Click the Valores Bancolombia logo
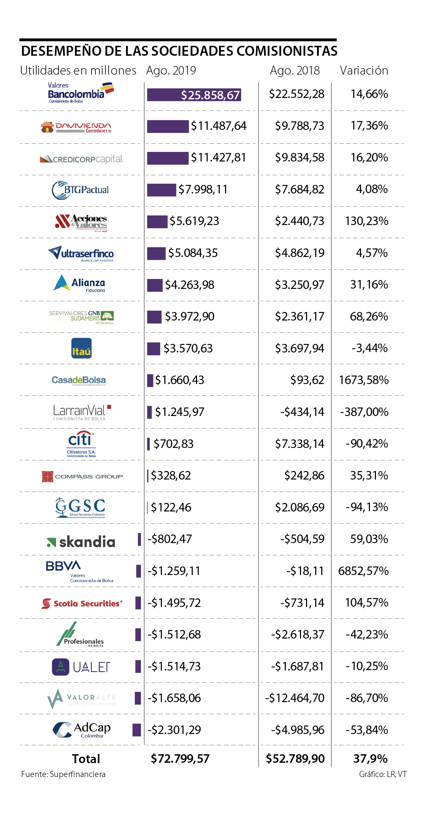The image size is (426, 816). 81,93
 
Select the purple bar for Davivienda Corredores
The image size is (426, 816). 168,126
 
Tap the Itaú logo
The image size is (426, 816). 81,348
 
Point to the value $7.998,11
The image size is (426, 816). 203,190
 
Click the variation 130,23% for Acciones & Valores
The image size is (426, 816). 366,221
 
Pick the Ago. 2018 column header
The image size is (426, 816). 295,71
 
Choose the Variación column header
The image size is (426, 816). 364,71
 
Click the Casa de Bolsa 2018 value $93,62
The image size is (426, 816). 307,380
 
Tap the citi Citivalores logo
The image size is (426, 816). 81,444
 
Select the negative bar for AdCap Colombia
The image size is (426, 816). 137,730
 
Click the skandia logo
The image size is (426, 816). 81,542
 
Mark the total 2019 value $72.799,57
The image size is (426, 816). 180,759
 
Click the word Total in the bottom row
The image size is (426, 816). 86,759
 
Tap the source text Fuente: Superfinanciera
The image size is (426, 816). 63,774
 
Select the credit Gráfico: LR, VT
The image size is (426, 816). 383,774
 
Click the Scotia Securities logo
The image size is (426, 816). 82,603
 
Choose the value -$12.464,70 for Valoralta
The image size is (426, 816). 295,698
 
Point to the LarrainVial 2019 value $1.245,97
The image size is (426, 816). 180,412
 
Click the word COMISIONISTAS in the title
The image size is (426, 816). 287,51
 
